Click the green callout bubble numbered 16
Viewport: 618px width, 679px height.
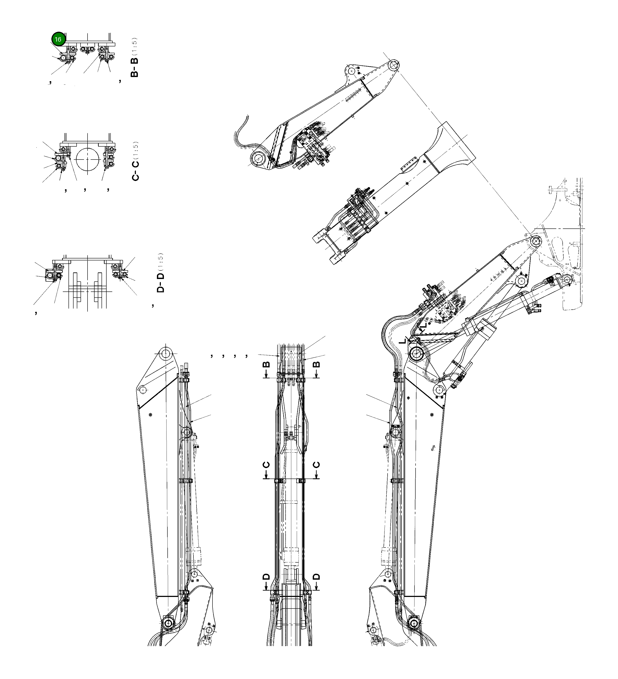click(x=58, y=39)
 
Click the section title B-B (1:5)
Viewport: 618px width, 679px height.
click(x=134, y=57)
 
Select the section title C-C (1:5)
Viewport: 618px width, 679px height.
click(x=135, y=161)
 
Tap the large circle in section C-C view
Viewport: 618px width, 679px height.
click(x=88, y=159)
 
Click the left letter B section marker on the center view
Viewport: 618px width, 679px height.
click(x=266, y=365)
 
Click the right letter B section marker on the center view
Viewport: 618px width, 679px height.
click(x=316, y=365)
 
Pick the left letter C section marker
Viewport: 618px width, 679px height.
click(x=266, y=465)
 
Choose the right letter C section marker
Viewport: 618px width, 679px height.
click(x=316, y=465)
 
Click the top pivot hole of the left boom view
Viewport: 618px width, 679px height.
click(x=165, y=354)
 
